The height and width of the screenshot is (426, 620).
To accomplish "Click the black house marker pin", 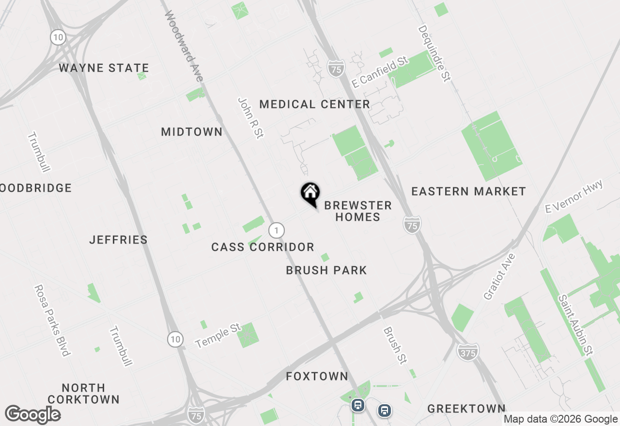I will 310,193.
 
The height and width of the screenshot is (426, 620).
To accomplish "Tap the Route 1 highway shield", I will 276,230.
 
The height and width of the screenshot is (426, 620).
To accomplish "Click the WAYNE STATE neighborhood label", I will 104,68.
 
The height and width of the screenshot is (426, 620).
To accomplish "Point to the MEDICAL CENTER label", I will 315,104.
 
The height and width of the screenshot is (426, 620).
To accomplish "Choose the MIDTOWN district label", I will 192,132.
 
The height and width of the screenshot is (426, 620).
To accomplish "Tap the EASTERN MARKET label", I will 468,192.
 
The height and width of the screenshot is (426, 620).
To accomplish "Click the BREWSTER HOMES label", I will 358,211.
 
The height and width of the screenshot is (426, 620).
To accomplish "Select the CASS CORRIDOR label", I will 263,247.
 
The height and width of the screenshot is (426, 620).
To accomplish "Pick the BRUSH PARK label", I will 326,270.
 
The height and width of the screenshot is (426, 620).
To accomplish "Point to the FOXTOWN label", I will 317,376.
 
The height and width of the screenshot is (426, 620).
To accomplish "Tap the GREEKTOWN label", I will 466,409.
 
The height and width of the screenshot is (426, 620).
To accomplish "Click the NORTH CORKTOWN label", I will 84,394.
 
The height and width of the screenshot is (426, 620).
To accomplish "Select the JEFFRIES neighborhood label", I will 119,240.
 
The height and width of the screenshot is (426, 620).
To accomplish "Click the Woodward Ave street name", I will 184,46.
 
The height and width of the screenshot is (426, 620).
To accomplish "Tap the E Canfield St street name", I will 379,72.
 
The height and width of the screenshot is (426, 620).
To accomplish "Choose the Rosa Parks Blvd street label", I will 52,320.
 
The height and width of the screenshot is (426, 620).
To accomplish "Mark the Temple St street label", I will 218,336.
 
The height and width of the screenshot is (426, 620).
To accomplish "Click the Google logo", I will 32,415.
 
